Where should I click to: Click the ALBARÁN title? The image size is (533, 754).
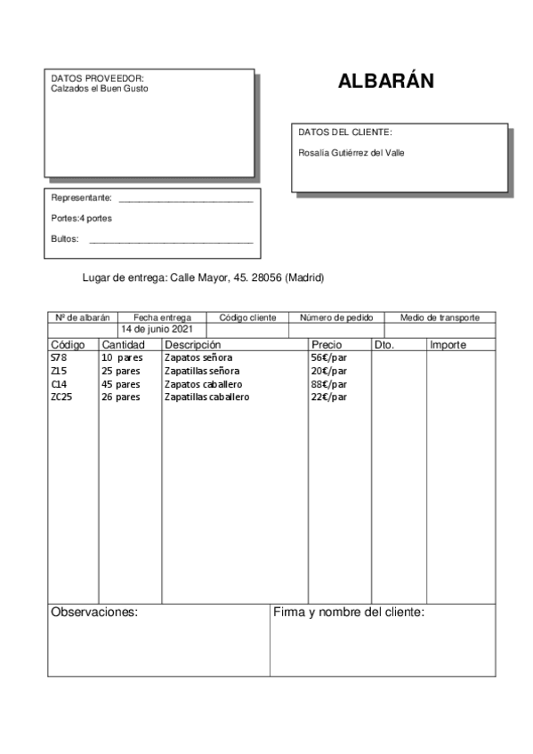(x=385, y=82)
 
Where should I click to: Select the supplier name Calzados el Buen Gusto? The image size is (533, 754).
(x=100, y=89)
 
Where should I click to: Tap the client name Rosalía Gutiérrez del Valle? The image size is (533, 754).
(x=351, y=153)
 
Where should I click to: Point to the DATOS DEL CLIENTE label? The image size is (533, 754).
(x=345, y=132)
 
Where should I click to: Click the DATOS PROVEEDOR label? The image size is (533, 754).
(x=97, y=78)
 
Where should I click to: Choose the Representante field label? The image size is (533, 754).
(x=82, y=197)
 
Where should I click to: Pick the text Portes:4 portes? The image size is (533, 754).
(x=82, y=218)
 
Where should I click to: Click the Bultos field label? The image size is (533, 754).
(x=65, y=239)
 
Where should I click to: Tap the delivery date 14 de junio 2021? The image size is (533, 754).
(x=157, y=330)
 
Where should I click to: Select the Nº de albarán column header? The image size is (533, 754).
(x=82, y=317)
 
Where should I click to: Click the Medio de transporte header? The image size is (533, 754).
(x=440, y=317)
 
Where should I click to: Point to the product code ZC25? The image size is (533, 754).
(x=61, y=397)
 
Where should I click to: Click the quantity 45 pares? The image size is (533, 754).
(x=121, y=384)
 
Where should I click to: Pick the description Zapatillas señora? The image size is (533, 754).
(x=202, y=371)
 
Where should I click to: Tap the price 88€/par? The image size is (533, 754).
(x=328, y=384)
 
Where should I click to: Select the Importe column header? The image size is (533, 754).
(x=448, y=344)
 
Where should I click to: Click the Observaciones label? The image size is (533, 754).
(x=94, y=612)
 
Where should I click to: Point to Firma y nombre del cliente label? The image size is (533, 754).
(x=348, y=612)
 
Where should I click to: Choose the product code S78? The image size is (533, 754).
(x=59, y=357)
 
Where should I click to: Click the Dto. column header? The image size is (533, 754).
(x=384, y=344)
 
